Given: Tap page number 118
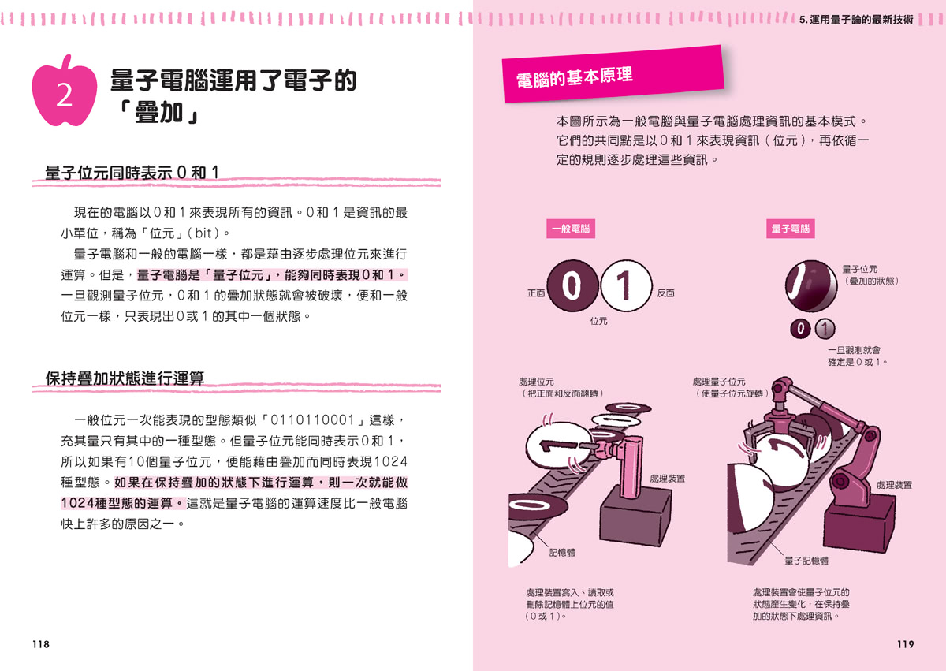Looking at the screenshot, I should point(40,644).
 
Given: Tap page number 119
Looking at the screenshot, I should point(905,644).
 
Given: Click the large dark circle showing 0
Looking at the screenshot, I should point(573,287).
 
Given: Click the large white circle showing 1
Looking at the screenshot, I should point(626,287).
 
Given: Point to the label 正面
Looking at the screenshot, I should point(536,293).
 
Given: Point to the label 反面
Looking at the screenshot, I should point(665,293).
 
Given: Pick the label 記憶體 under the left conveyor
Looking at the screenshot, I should point(562,553).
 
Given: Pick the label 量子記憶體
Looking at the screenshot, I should point(806,561).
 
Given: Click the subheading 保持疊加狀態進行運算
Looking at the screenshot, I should point(125,378).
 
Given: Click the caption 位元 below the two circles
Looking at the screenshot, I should point(598,322).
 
